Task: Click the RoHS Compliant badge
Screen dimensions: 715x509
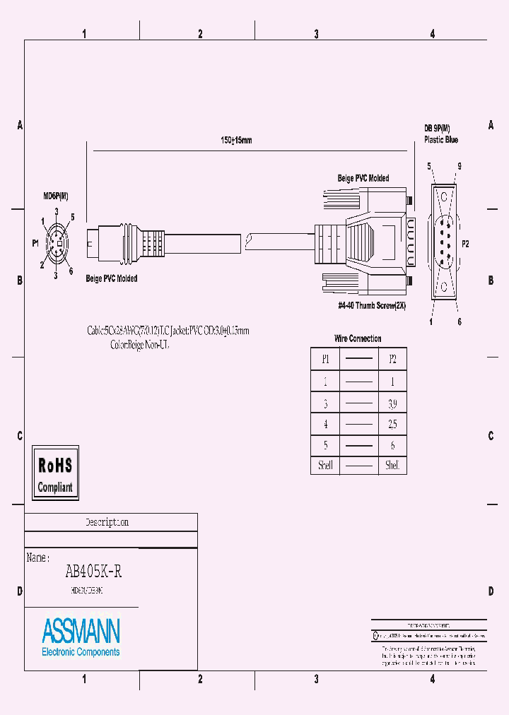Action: coord(55,473)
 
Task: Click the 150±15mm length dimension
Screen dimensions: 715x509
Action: coord(236,141)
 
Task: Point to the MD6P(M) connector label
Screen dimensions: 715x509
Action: coord(55,195)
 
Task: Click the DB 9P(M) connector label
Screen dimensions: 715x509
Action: coord(440,128)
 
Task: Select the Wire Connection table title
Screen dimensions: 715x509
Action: coord(358,338)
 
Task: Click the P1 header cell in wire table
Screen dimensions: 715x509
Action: coord(326,359)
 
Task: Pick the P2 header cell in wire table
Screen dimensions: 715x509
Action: coord(392,359)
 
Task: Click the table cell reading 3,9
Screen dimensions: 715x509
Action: coord(392,404)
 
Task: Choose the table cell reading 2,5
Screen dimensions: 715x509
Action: coord(392,425)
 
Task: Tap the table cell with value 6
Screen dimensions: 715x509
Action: coord(392,446)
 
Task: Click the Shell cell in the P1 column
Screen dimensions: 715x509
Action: coord(326,466)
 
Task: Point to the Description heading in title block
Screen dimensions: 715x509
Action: coord(107,522)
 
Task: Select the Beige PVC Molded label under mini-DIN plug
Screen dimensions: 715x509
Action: coord(112,278)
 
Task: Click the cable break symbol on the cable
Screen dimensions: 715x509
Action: coord(247,243)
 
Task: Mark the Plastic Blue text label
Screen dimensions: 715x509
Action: coord(441,140)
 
